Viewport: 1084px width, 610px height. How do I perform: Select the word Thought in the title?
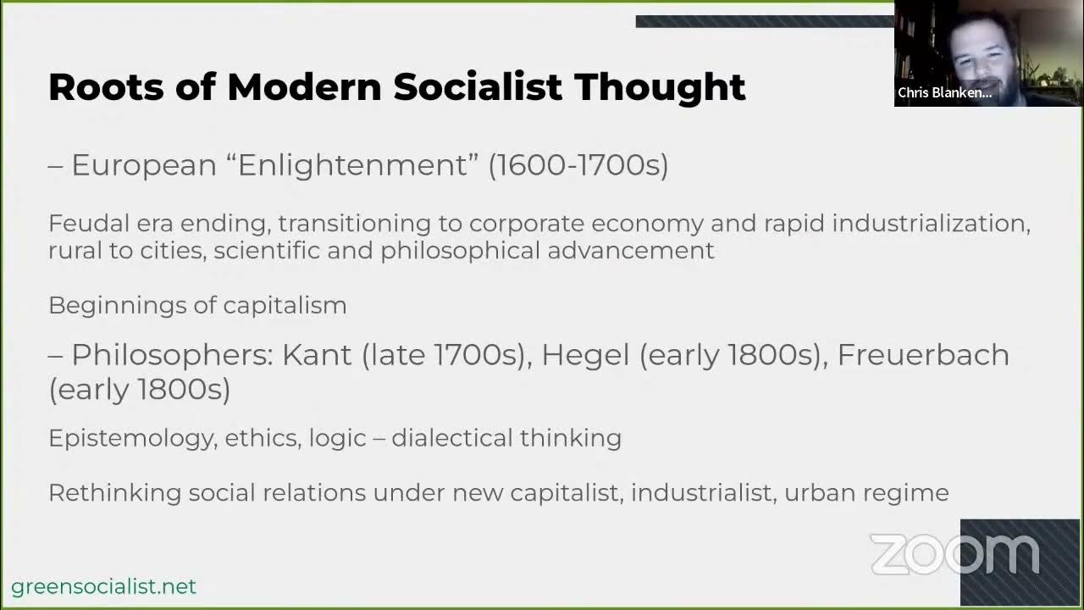tap(660, 87)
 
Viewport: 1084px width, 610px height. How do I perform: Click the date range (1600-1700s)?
tap(578, 164)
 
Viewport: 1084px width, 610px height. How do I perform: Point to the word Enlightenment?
tap(352, 164)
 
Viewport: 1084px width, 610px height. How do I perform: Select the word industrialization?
tap(931, 224)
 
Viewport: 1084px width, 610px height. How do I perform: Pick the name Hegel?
tap(585, 354)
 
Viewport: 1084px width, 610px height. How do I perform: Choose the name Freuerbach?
tap(923, 354)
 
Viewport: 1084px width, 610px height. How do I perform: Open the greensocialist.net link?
tap(103, 586)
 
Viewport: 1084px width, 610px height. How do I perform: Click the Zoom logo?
tap(954, 554)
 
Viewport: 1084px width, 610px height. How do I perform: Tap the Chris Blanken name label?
tap(944, 93)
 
